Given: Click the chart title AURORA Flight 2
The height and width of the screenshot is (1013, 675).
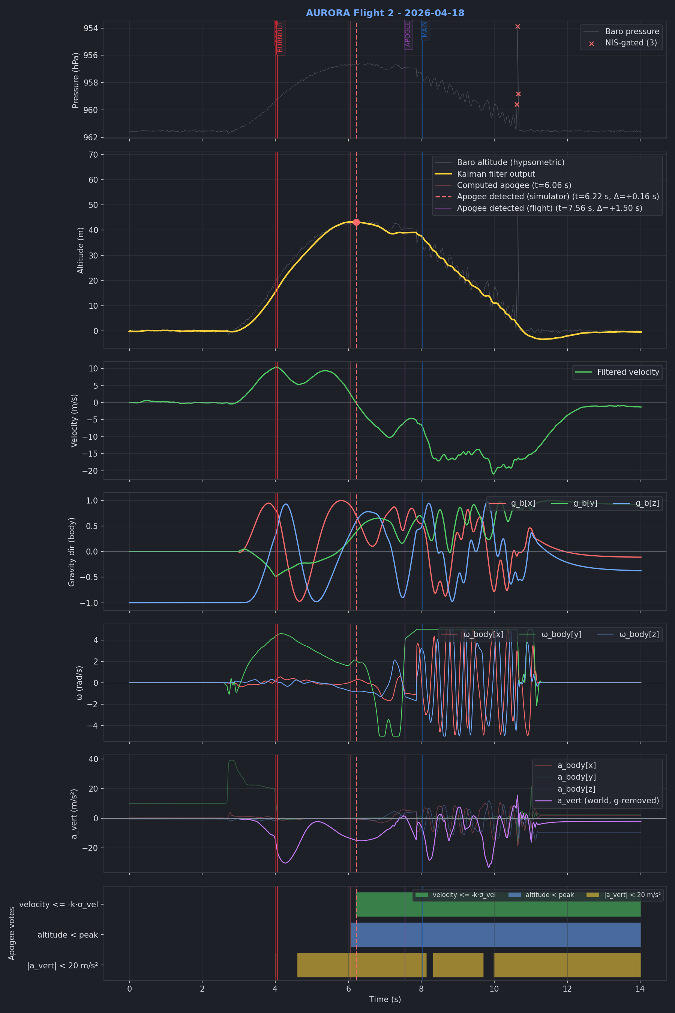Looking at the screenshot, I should coord(385,13).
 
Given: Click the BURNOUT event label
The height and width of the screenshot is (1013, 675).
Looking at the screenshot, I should coord(280,38).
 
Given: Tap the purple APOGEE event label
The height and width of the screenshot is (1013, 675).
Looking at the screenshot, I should coord(408,34).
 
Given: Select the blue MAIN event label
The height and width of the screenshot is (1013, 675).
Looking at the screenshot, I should coord(425,29).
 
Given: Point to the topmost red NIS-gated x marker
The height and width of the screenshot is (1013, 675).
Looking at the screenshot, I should coord(517,27).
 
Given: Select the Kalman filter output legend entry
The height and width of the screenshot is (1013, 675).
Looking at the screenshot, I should coord(496,174).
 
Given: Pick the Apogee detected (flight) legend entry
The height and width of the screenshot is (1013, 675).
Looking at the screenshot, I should coord(549,208).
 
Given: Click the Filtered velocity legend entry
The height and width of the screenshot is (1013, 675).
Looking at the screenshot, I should coord(628,372).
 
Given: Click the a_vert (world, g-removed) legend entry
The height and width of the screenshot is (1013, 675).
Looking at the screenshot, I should coord(608,801).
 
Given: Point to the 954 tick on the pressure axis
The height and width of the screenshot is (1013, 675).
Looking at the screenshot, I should coord(90,29).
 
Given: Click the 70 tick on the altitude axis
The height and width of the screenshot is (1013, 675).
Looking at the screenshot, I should coord(93,155).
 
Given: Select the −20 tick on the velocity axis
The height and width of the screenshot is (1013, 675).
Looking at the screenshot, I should coord(90,471).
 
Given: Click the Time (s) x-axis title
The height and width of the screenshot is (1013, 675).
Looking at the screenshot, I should coord(385,999).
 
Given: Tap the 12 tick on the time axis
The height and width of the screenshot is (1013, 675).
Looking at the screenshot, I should coord(567,989).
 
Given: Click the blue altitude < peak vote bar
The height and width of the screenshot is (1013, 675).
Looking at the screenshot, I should coord(495,935).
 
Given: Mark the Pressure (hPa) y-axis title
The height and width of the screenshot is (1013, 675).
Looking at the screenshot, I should coord(76,80).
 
